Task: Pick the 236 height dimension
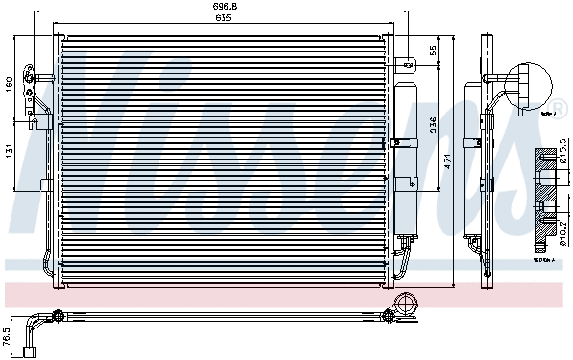(434, 126)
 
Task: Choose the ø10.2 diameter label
(562, 229)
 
